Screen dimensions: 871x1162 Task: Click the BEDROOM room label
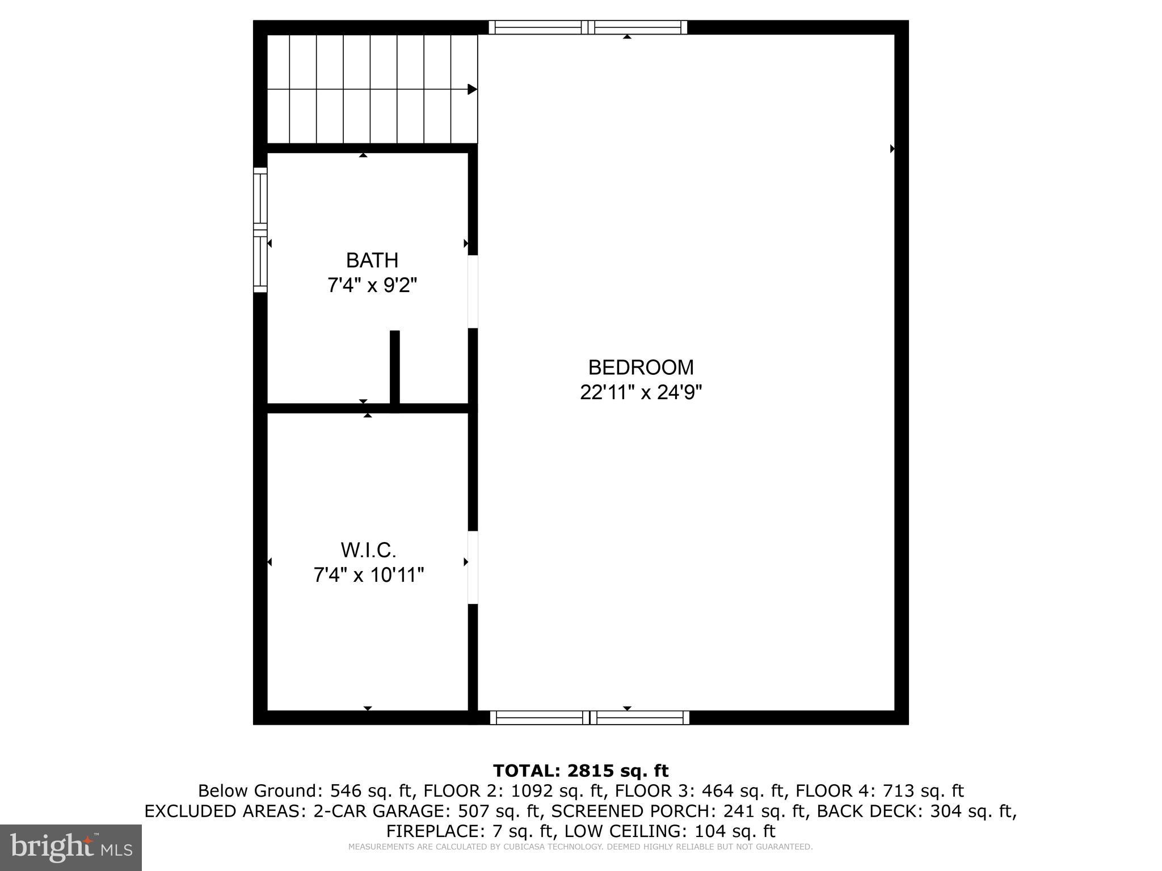(641, 367)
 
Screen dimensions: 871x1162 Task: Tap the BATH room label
(372, 260)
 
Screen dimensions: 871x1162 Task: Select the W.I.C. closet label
(368, 550)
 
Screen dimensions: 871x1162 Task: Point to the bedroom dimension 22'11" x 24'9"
(641, 392)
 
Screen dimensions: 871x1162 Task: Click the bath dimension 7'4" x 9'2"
(372, 285)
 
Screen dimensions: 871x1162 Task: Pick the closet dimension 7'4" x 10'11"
(368, 576)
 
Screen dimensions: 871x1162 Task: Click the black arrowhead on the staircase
(472, 90)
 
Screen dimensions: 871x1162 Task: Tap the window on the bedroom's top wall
(588, 27)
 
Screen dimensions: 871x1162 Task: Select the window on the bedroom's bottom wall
(590, 717)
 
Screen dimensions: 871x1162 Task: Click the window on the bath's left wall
(260, 230)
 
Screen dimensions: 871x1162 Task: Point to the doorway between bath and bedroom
(473, 291)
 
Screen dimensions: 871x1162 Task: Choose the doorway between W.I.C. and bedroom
(473, 568)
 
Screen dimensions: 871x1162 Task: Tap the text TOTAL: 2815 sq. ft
(580, 771)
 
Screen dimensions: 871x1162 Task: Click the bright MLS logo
(71, 847)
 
